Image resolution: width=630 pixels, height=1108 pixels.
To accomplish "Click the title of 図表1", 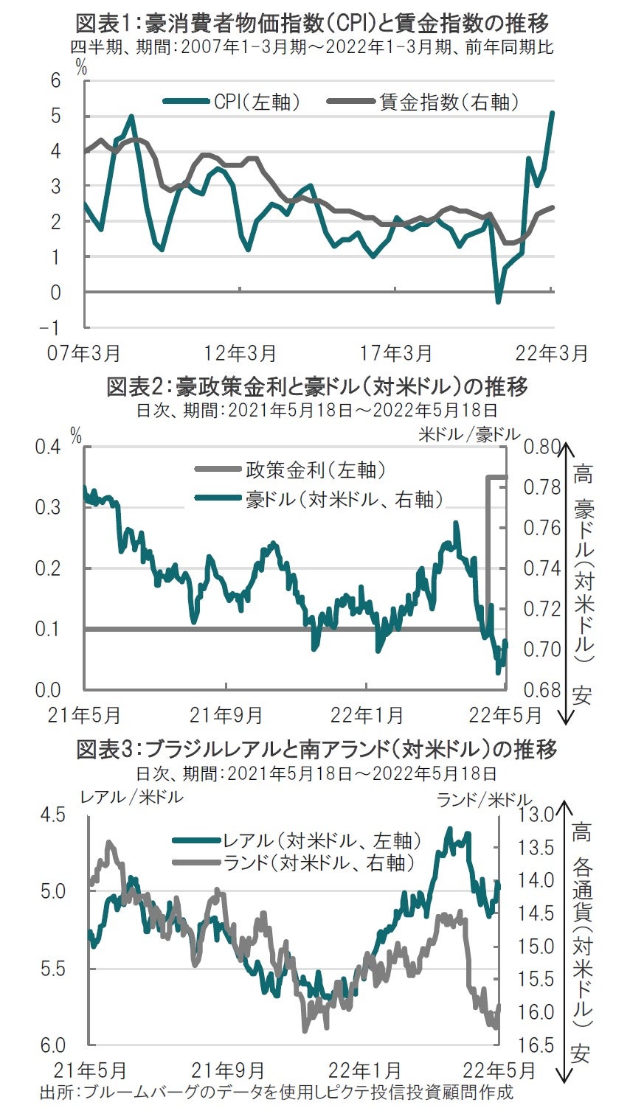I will pos(313,24).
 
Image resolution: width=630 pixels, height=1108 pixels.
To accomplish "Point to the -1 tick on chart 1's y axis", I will pos(55,327).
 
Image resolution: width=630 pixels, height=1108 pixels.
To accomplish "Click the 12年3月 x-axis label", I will pos(240,353).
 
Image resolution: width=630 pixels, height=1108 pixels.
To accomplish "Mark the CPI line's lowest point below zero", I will pos(498,302).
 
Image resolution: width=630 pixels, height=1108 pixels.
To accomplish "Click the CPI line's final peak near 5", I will pos(553,113).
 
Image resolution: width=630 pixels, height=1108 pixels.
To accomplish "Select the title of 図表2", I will pos(317,386).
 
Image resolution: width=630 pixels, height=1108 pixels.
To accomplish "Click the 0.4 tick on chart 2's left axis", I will pos(49,447).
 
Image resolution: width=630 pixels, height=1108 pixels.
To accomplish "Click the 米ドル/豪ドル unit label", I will pos(469,434).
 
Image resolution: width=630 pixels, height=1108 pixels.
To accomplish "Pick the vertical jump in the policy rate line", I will pos(487,553).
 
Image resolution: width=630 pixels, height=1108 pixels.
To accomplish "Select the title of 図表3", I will pos(317,750).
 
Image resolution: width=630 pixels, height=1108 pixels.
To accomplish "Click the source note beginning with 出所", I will pos(277,1092).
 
